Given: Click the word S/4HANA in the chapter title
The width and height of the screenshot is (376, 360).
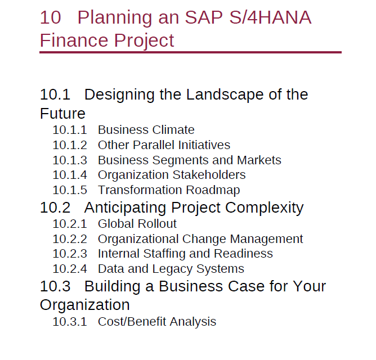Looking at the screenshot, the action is pos(270,17).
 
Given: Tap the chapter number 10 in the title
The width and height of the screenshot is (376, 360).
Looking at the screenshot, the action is pos(50,17).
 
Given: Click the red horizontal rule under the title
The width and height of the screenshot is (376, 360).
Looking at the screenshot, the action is pos(190,52).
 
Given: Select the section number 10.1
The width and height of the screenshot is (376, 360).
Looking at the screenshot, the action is pos(55,94).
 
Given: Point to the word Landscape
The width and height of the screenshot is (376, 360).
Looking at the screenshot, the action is pos(225,94).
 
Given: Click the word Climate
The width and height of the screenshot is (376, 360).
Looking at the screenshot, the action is pos(173,130).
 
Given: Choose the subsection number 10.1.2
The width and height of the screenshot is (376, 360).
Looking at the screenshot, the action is pos(70,145).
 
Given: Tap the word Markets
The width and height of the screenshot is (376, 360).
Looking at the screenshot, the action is pos(259,160).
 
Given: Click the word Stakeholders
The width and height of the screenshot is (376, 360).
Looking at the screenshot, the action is pos(209,175).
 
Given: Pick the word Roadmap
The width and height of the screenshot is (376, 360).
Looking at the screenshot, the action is pos(213,190).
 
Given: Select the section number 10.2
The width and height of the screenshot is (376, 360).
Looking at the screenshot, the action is pos(55,208).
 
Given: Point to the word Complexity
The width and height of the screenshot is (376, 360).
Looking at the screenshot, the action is pos(264,208).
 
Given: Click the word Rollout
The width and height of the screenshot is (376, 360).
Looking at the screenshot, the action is pos(157,224).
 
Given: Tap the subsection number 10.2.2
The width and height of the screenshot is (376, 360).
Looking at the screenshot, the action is pos(70,239).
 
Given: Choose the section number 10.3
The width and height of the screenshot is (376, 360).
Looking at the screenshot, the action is pos(55,286).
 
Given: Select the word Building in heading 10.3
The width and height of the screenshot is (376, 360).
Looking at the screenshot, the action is pos(112,287).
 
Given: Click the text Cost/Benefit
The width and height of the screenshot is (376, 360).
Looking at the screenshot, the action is pos(132,321).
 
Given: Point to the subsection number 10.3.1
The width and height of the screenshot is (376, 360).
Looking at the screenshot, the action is pos(70,322).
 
